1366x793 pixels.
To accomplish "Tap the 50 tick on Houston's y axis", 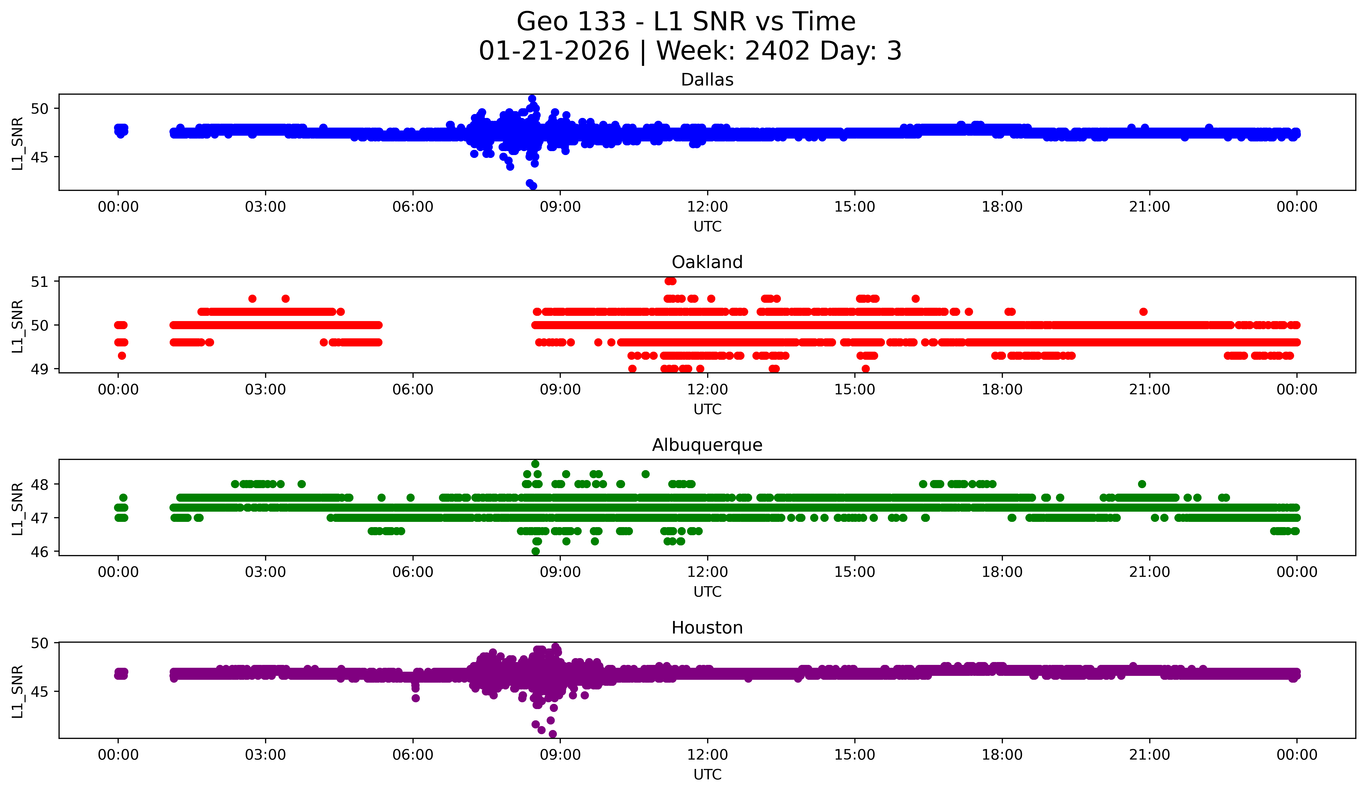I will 39,643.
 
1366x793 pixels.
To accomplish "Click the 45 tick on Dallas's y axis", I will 39,157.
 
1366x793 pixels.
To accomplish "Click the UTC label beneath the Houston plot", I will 707,775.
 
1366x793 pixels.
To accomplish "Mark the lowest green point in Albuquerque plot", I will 536,551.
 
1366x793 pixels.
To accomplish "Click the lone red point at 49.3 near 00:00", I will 122,356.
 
